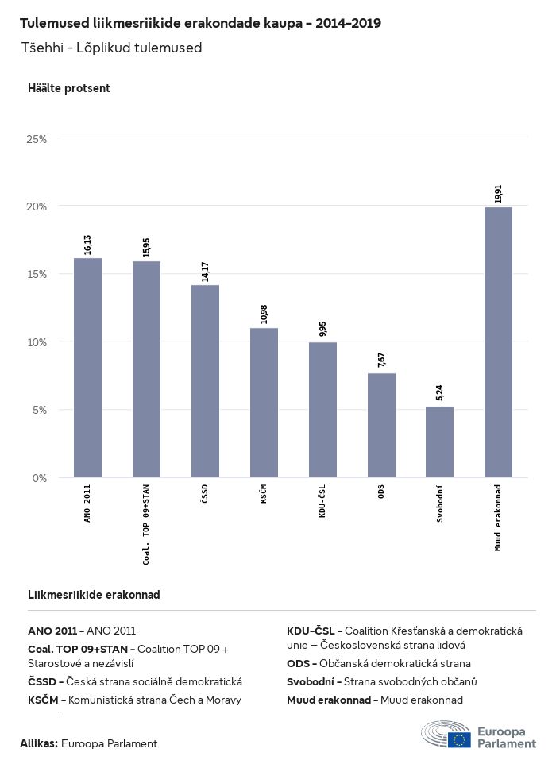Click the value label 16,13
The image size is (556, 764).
[x=87, y=244]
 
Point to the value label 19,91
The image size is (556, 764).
[x=498, y=194]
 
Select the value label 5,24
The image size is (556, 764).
[x=440, y=393]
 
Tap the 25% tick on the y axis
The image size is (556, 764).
[x=37, y=138]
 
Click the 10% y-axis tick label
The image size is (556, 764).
[x=37, y=342]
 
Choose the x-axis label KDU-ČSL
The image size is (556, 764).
[x=322, y=501]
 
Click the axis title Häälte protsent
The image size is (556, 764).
[x=69, y=88]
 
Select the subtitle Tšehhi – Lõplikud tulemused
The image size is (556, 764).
[x=112, y=48]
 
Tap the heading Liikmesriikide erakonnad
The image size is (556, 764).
[x=94, y=595]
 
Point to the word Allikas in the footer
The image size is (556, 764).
[x=39, y=743]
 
